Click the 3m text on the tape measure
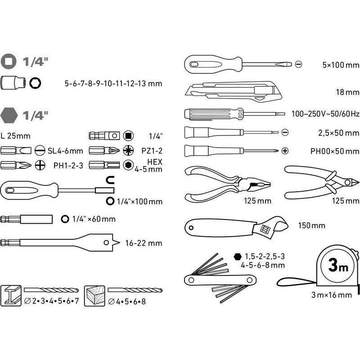pyautogui.click(x=338, y=265)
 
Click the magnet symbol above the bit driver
pyautogui.click(x=110, y=180)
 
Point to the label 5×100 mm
pyautogui.click(x=341, y=65)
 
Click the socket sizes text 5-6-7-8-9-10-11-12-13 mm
pyautogui.click(x=113, y=83)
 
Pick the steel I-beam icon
pyautogui.click(x=11, y=296)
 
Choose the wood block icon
pyautogui.click(x=94, y=296)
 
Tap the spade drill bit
pyautogui.click(x=60, y=243)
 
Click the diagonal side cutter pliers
pyautogui.click(x=321, y=182)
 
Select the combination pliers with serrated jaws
pyautogui.click(x=227, y=184)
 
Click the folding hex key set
pyautogui.click(x=220, y=278)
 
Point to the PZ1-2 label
pyautogui.click(x=152, y=151)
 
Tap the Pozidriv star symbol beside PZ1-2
pyautogui.click(x=128, y=151)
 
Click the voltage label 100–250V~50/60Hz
pyautogui.click(x=325, y=114)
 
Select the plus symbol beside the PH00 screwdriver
pyautogui.click(x=285, y=151)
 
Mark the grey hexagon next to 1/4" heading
pyautogui.click(x=9, y=116)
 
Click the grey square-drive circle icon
pyautogui.click(x=9, y=62)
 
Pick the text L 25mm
pyautogui.click(x=15, y=136)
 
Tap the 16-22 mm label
pyautogui.click(x=144, y=243)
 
